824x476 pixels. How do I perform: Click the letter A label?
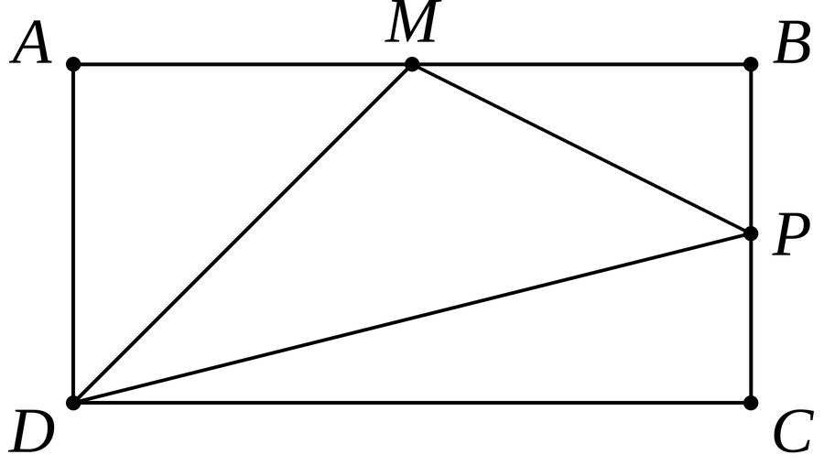coord(31,43)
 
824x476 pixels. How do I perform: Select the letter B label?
coord(792,43)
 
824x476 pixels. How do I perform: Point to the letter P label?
coord(791,235)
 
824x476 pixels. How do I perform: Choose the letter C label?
coord(794,431)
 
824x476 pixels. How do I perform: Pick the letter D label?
coord(31,431)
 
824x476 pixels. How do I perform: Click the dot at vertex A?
coord(73,64)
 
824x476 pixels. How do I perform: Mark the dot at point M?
coord(413,64)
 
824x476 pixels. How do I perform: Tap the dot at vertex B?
coord(752,64)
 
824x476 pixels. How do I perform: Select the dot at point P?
coord(752,233)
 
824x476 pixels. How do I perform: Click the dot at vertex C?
coord(752,403)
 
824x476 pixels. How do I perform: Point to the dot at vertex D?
coord(73,403)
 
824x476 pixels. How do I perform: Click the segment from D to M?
coord(243,233)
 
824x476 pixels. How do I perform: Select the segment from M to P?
coord(581,148)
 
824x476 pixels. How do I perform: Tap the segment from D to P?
coord(413,319)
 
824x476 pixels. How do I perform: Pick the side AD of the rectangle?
coord(73,233)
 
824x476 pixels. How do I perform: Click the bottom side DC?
coord(413,403)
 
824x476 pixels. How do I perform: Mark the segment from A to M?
coord(243,64)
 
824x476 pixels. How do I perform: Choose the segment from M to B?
coord(581,64)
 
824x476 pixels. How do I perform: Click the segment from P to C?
coord(752,319)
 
